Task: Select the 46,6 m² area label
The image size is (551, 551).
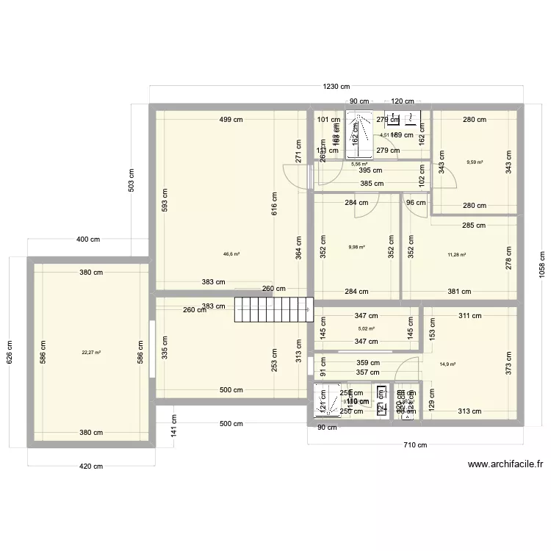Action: tap(232, 254)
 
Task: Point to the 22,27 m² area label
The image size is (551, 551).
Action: tap(91, 353)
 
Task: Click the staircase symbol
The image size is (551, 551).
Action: tap(274, 309)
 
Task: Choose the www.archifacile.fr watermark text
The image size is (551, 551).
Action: tap(505, 464)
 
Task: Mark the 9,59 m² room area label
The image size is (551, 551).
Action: tap(475, 162)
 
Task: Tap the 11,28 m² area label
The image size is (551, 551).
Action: tap(457, 255)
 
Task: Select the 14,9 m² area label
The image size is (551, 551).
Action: tap(447, 364)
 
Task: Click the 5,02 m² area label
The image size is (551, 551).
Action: tap(366, 329)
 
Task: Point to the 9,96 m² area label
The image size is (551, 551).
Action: tap(356, 248)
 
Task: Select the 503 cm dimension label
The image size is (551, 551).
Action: tap(131, 181)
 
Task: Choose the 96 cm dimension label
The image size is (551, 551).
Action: tap(416, 204)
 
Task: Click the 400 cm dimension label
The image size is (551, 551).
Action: tap(88, 240)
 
